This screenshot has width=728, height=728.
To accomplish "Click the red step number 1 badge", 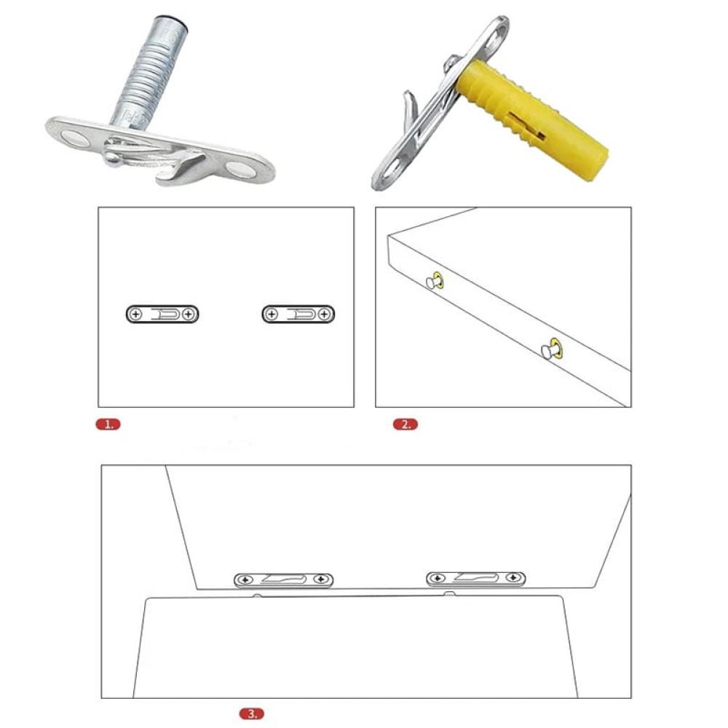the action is pyautogui.click(x=108, y=424).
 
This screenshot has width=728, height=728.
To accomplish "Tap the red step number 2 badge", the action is pyautogui.click(x=405, y=424).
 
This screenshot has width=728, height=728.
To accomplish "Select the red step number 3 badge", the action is pyautogui.click(x=252, y=713).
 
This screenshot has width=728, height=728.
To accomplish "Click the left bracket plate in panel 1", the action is pyautogui.click(x=162, y=314).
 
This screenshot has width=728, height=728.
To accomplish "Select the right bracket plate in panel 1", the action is pyautogui.click(x=298, y=314).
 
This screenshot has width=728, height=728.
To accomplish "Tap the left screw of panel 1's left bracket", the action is pyautogui.click(x=135, y=314).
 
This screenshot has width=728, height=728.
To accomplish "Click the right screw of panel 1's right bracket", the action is pyautogui.click(x=325, y=314).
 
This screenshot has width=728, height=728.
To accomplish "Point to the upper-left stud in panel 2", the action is pyautogui.click(x=435, y=281).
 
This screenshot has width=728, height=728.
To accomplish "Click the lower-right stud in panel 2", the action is pyautogui.click(x=552, y=349).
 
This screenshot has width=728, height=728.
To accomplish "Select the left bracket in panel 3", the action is pyautogui.click(x=283, y=580).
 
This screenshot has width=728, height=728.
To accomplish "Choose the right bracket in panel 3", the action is pyautogui.click(x=475, y=579).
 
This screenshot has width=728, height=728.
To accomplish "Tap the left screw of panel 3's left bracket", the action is pyautogui.click(x=245, y=580).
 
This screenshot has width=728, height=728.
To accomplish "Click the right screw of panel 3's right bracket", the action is pyautogui.click(x=513, y=577).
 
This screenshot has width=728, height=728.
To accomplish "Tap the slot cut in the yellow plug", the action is pyautogui.click(x=527, y=124).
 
